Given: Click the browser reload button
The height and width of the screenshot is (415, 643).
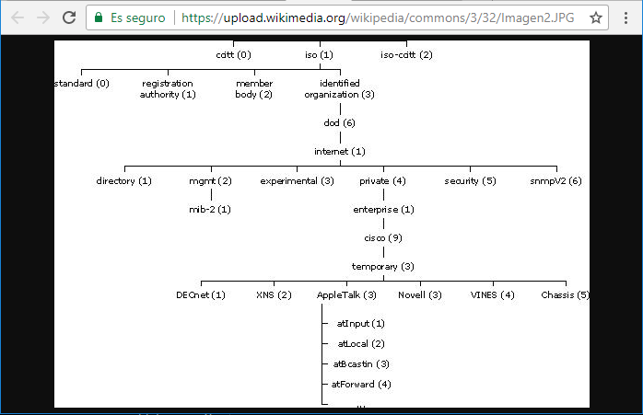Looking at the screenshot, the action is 69,17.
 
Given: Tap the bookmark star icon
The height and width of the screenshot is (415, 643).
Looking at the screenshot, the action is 595,17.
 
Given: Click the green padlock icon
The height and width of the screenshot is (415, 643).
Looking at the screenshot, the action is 99,17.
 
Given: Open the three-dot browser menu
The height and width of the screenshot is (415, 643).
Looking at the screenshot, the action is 625,17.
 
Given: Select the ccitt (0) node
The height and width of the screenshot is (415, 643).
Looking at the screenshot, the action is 233,55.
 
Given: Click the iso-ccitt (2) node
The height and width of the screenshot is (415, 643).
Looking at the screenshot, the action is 406,55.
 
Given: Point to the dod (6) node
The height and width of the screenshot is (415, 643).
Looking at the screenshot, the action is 340,123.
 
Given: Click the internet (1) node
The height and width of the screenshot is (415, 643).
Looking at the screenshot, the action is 340,152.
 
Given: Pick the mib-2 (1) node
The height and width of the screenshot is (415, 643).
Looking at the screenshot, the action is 210,210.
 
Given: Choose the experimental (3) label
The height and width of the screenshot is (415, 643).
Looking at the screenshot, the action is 297,181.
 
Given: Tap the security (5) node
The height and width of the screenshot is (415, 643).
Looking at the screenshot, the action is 470,181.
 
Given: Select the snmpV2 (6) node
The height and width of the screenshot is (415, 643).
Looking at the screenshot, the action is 555,181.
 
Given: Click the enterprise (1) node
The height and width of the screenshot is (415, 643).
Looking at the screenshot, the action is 383,210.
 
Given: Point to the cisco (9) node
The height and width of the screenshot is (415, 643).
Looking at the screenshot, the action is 383,238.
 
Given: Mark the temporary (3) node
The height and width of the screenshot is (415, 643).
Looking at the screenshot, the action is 383,267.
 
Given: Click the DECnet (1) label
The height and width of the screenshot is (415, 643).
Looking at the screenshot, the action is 201,295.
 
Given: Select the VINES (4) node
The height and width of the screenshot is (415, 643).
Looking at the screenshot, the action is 493,295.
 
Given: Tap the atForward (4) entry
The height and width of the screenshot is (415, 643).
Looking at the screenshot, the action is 361,385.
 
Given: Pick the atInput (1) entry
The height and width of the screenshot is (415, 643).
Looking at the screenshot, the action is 360,324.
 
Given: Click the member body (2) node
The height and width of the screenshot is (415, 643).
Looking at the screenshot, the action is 254,89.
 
